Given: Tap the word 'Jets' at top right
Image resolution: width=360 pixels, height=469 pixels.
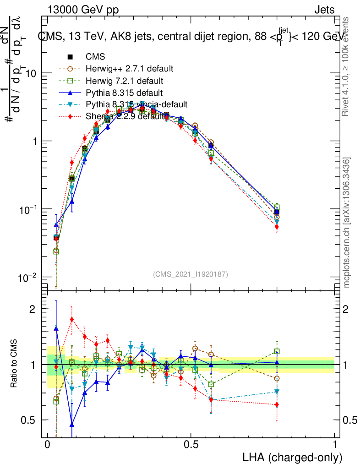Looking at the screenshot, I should point(324,10).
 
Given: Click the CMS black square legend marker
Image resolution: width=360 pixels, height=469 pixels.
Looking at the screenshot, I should point(71,57).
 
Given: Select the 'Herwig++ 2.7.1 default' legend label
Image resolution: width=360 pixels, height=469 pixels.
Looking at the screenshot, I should point(129,69).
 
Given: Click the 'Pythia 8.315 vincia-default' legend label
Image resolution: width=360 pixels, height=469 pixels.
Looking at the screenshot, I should point(136,104).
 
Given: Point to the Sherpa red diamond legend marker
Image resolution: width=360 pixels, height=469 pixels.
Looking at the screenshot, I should point(71,116).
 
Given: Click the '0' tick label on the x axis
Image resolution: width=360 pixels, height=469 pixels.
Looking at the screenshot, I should point(48,445).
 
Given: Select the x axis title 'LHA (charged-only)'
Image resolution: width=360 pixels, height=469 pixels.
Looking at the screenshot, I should point(293,457).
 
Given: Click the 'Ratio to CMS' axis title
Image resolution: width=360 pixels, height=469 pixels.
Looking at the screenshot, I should point(15,365).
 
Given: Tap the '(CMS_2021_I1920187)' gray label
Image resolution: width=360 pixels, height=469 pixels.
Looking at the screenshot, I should point(191,274).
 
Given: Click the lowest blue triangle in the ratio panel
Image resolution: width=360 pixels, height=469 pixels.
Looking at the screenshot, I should point(72,424).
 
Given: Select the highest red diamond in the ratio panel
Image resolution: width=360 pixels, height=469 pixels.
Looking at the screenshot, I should point(72,319).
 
